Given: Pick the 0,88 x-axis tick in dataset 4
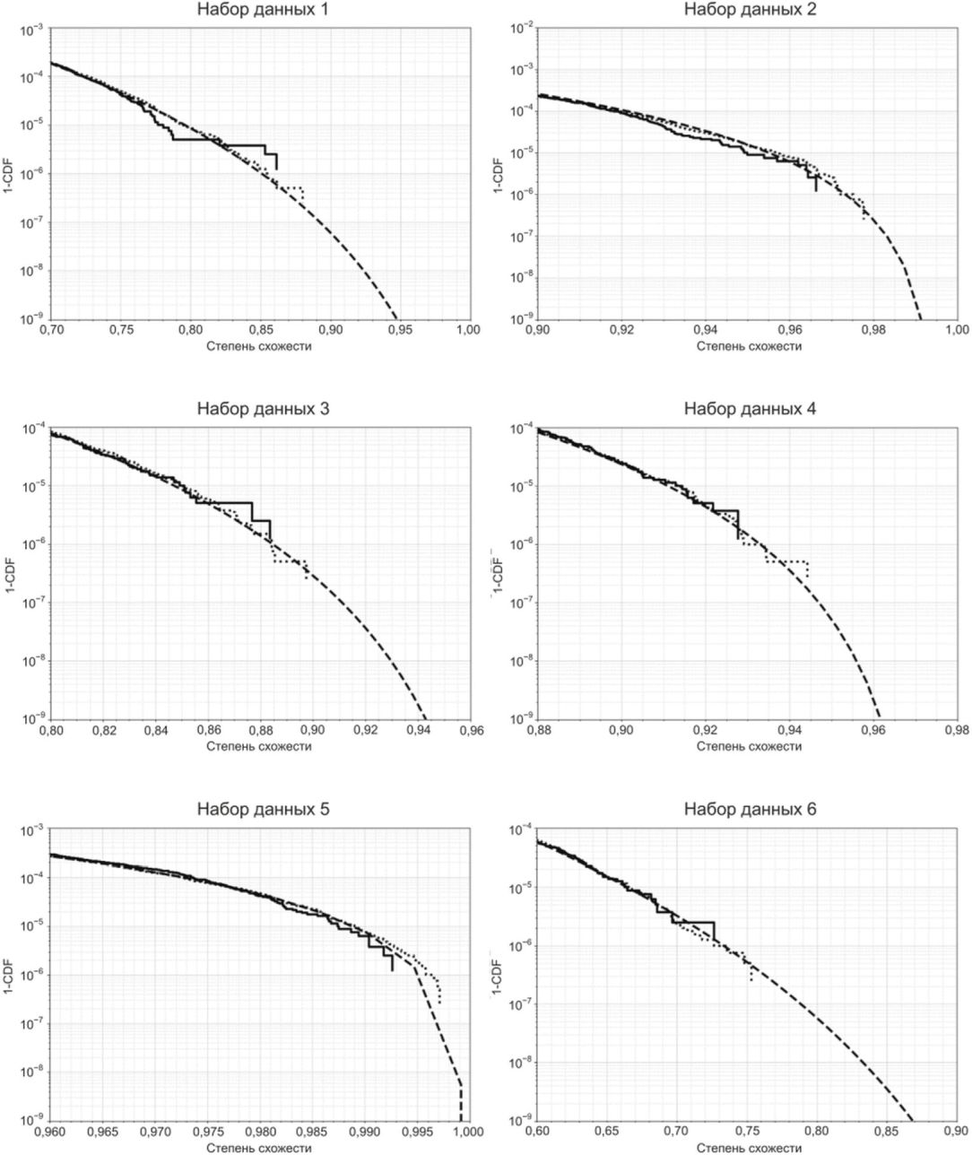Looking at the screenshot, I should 538,731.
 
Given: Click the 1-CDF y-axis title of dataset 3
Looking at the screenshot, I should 8,574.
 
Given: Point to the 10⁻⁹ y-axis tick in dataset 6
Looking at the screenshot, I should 519,1120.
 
